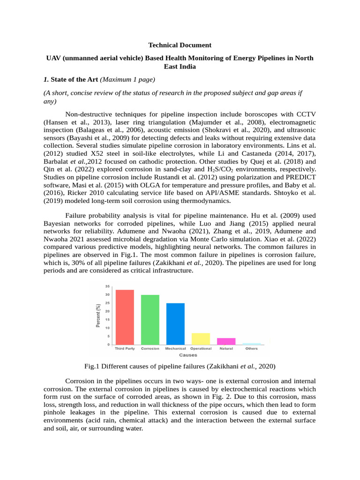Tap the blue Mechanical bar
point(175,324)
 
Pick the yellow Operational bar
point(201,339)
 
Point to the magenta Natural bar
point(226,341)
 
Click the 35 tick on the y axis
point(107,286)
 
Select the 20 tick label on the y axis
point(107,311)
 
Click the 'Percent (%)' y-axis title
point(98,315)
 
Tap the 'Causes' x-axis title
point(188,355)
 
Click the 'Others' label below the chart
point(251,349)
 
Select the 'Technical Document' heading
point(180,45)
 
